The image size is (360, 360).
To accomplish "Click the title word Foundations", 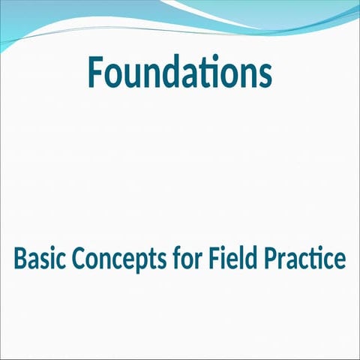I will pyautogui.click(x=179, y=71).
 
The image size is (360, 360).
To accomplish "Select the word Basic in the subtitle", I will pyautogui.click(x=38, y=259).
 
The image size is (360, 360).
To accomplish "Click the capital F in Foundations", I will pyautogui.click(x=96, y=71).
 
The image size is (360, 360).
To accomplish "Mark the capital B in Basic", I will pyautogui.click(x=20, y=259).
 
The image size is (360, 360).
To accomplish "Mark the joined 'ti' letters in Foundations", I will pyautogui.click(x=210, y=71).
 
